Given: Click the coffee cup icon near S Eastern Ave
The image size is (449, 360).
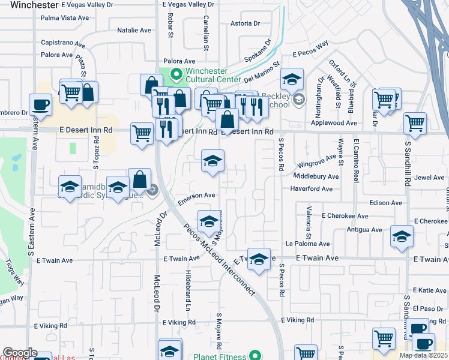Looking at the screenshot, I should (x=40, y=104).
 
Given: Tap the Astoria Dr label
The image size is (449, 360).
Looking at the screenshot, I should (x=245, y=24).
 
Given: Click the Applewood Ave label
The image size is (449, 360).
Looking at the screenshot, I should (x=334, y=123).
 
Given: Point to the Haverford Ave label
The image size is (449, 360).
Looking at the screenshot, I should (x=311, y=189).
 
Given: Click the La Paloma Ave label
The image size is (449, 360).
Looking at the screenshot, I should (x=307, y=244).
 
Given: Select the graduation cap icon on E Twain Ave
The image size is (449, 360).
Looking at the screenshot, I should (x=259, y=259).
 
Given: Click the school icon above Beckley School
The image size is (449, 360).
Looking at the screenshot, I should (x=292, y=79).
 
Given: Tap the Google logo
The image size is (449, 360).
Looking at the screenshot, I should (x=19, y=353).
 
